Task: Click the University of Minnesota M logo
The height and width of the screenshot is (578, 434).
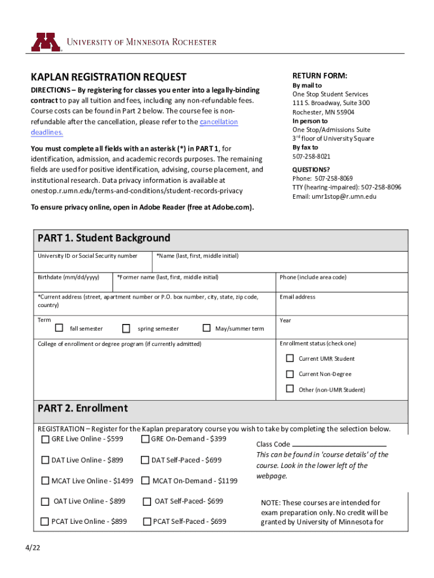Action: pyautogui.click(x=46, y=42)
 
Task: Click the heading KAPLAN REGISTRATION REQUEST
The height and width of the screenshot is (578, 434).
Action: pyautogui.click(x=108, y=77)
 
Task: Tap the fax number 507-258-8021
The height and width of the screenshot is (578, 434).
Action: pyautogui.click(x=311, y=156)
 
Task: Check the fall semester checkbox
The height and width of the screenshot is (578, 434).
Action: pyautogui.click(x=59, y=328)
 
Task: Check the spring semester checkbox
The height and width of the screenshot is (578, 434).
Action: pyautogui.click(x=126, y=328)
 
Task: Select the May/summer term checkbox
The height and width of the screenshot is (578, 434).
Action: pyautogui.click(x=206, y=328)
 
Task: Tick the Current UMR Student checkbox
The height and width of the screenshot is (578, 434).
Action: pyautogui.click(x=290, y=358)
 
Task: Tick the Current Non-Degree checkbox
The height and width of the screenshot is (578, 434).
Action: pyautogui.click(x=290, y=374)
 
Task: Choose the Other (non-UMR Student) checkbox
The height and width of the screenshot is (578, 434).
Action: pyautogui.click(x=290, y=389)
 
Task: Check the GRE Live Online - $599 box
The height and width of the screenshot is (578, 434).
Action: pyautogui.click(x=45, y=439)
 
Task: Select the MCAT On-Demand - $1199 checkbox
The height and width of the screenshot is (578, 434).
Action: pyautogui.click(x=145, y=481)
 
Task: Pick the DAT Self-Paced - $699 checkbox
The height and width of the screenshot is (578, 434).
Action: pyautogui.click(x=145, y=460)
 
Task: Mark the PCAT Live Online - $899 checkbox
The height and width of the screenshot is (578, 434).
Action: pyautogui.click(x=45, y=522)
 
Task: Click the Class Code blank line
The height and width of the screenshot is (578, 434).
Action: pyautogui.click(x=339, y=444)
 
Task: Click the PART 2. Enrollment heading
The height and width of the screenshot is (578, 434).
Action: pyautogui.click(x=83, y=408)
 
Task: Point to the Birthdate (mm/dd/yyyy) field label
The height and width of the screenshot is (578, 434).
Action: pyautogui.click(x=68, y=277)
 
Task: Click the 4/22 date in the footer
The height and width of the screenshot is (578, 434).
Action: pyautogui.click(x=31, y=549)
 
